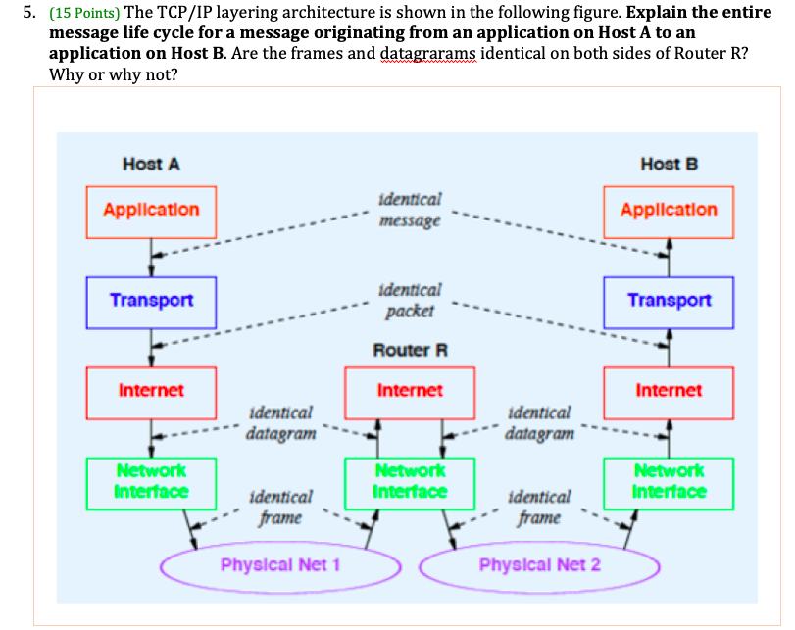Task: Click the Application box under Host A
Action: click(151, 210)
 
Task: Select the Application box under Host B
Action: click(669, 210)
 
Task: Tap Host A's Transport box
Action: click(151, 300)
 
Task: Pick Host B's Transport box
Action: click(669, 300)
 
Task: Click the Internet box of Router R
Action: click(410, 391)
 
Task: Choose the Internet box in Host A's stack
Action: click(151, 391)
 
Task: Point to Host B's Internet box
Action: click(669, 391)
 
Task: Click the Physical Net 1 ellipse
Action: click(280, 565)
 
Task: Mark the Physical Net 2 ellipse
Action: click(539, 565)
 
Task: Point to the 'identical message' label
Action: click(409, 210)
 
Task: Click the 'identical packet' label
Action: click(409, 300)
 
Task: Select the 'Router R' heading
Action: click(410, 350)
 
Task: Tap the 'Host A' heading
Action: click(151, 165)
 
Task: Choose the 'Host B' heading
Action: click(669, 165)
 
